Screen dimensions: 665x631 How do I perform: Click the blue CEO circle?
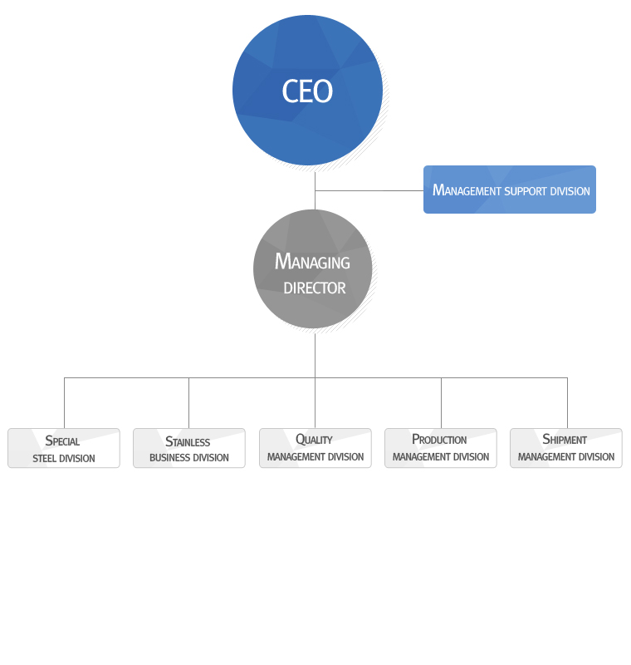click(307, 90)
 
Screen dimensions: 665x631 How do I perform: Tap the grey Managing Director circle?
click(312, 268)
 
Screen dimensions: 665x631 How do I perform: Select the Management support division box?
click(510, 190)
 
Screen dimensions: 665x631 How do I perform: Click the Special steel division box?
click(64, 448)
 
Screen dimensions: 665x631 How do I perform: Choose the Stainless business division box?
click(189, 448)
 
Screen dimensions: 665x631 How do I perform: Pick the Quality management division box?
click(315, 448)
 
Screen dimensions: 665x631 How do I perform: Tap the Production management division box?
click(441, 448)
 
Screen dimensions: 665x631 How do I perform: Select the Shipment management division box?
click(566, 448)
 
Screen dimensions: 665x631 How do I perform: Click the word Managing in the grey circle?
click(312, 262)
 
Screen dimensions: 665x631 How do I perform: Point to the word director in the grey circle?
click(315, 288)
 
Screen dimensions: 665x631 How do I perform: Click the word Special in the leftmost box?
click(62, 441)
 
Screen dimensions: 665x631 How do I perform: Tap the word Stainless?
click(188, 441)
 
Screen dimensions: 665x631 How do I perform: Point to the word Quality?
click(314, 439)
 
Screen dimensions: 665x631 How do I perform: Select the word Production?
click(439, 439)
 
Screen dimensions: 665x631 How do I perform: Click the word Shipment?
click(565, 439)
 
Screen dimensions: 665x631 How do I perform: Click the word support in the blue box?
click(526, 191)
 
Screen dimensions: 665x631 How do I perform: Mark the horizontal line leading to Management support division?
click(369, 190)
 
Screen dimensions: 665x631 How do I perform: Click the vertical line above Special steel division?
click(64, 403)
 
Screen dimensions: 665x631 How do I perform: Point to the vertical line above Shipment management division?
click(567, 403)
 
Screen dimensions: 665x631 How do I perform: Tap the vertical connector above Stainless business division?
click(188, 403)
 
